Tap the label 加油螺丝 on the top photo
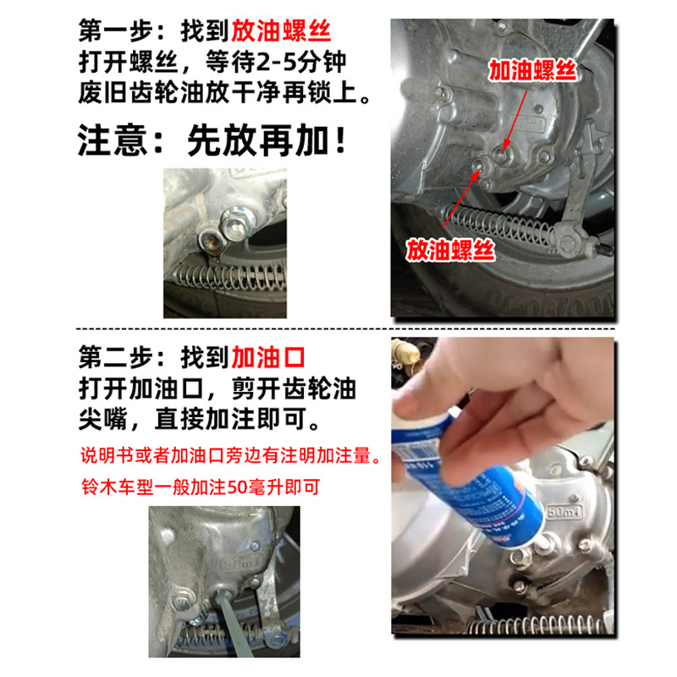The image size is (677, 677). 532,71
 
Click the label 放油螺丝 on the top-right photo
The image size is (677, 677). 449,249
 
